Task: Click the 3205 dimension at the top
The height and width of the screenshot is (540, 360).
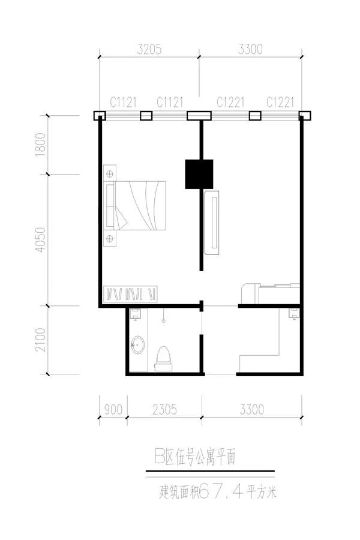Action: pyautogui.click(x=149, y=49)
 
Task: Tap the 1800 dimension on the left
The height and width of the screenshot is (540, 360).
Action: pyautogui.click(x=41, y=144)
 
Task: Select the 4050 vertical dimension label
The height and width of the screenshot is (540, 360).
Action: pyautogui.click(x=41, y=239)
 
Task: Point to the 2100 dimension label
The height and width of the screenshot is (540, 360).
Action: pyautogui.click(x=41, y=340)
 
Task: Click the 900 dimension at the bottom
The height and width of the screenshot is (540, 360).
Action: pyautogui.click(x=113, y=409)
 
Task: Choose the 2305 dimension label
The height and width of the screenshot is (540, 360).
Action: pyautogui.click(x=164, y=409)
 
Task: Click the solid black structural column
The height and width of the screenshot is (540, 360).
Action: pyautogui.click(x=199, y=174)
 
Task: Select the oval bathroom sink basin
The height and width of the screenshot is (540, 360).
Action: pyautogui.click(x=138, y=345)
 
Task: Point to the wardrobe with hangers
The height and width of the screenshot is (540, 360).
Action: pyautogui.click(x=131, y=294)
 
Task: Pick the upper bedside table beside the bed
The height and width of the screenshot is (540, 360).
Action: pyautogui.click(x=110, y=173)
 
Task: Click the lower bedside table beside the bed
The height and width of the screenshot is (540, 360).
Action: pyautogui.click(x=110, y=238)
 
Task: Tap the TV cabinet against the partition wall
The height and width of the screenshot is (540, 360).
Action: pyautogui.click(x=212, y=222)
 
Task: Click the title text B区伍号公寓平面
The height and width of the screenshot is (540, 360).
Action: pyautogui.click(x=195, y=457)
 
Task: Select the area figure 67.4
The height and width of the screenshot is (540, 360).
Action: pyautogui.click(x=221, y=491)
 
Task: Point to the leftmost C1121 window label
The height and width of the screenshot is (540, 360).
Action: pyautogui.click(x=124, y=102)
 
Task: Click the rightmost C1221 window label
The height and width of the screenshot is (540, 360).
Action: pyautogui.click(x=280, y=102)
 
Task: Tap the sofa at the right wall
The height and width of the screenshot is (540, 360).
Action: pyautogui.click(x=271, y=293)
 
